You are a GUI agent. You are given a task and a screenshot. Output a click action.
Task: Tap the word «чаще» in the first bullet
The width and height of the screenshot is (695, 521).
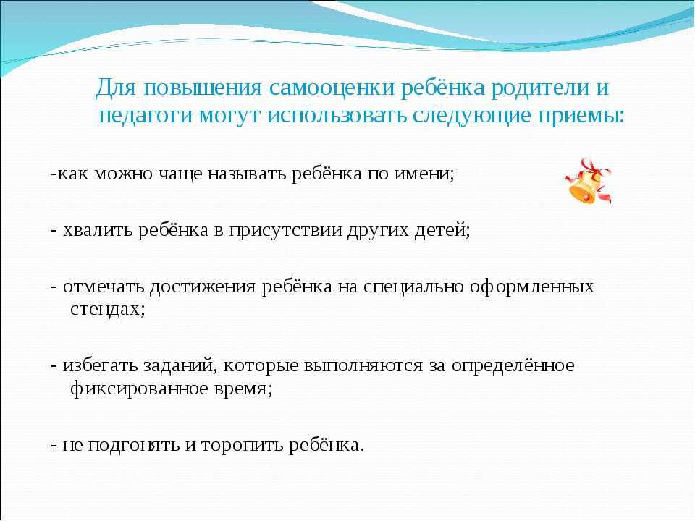coord(181,174)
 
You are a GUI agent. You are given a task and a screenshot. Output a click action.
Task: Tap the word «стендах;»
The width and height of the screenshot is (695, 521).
coord(108,309)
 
